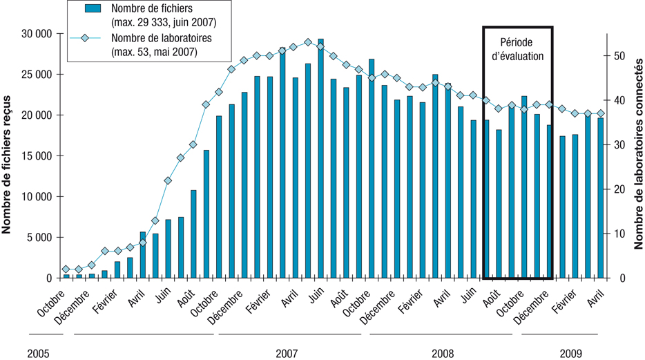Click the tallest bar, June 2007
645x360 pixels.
coord(320,159)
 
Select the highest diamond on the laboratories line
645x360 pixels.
coord(308,43)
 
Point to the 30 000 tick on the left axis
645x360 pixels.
coord(32,34)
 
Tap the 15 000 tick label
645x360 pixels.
coord(32,155)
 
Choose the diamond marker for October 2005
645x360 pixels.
coord(66,269)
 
